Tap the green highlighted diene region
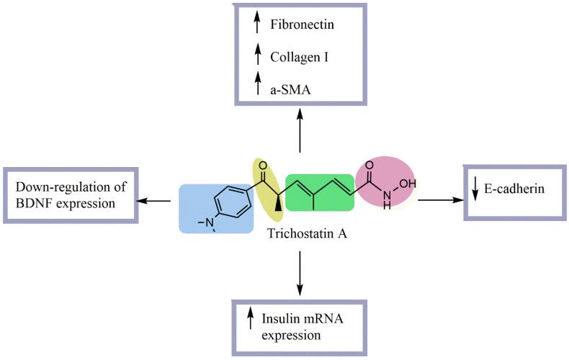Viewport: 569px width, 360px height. point(319,192)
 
